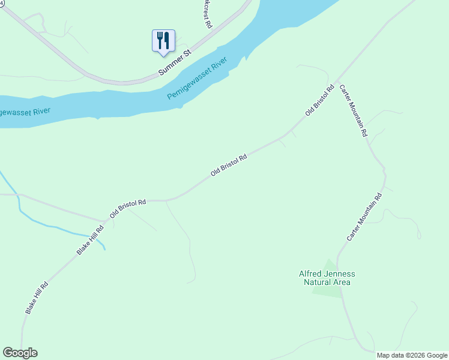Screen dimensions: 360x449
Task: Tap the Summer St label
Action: [174, 62]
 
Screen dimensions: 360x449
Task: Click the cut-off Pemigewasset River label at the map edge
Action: [24, 112]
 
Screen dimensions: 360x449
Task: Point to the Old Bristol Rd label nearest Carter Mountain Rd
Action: [319, 101]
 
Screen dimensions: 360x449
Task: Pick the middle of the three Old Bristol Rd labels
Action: [229, 166]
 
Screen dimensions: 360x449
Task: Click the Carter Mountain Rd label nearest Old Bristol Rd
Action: [353, 110]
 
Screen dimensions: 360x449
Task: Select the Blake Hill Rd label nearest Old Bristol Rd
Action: [91, 240]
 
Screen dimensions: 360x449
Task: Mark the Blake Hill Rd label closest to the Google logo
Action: [37, 298]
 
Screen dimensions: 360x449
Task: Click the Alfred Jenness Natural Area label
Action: [327, 278]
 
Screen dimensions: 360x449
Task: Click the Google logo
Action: [20, 353]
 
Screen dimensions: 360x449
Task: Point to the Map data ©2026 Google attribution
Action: [412, 355]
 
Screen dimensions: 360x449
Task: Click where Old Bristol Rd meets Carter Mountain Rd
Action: [337, 80]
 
